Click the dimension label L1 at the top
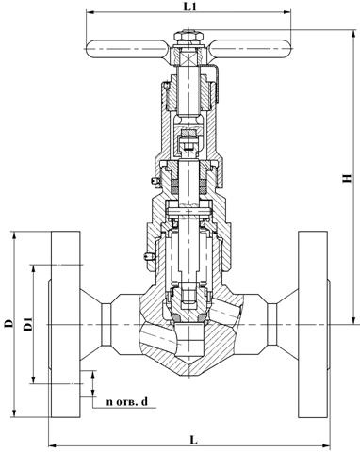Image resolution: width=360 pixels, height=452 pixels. tap(189, 7)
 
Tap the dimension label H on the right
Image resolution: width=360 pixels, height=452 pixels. tap(347, 178)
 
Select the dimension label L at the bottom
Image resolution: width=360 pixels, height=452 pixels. tap(194, 440)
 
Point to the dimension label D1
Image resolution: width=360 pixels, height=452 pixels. tap(28, 324)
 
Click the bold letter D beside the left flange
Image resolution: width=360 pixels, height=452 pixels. tap(9, 323)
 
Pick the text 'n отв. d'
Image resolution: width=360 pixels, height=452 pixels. tap(127, 401)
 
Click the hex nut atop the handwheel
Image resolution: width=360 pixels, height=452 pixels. tap(188, 36)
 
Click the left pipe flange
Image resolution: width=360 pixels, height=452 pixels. tap(65, 324)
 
